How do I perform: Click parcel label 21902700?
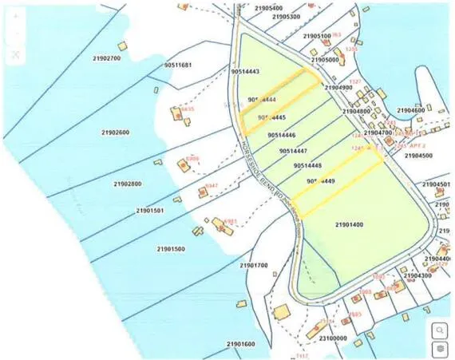pyautogui.click(x=106, y=58)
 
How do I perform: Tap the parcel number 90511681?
pyautogui.click(x=177, y=65)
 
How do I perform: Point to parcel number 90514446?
pyautogui.click(x=283, y=136)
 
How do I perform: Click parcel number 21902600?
pyautogui.click(x=116, y=132)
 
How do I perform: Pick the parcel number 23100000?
pyautogui.click(x=333, y=338)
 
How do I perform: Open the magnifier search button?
pyautogui.click(x=438, y=329)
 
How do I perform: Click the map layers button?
pyautogui.click(x=438, y=349)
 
